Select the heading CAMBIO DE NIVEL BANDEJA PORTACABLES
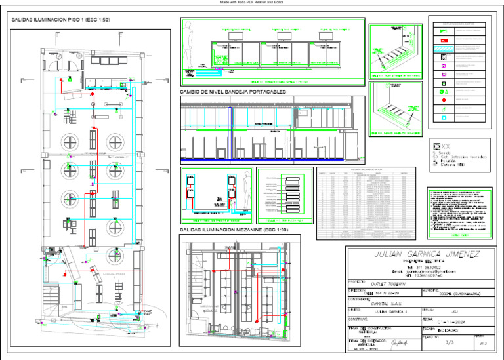click(x=233, y=92)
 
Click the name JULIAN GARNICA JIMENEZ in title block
click(x=417, y=254)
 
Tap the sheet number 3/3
click(x=450, y=342)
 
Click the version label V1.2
click(x=484, y=343)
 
